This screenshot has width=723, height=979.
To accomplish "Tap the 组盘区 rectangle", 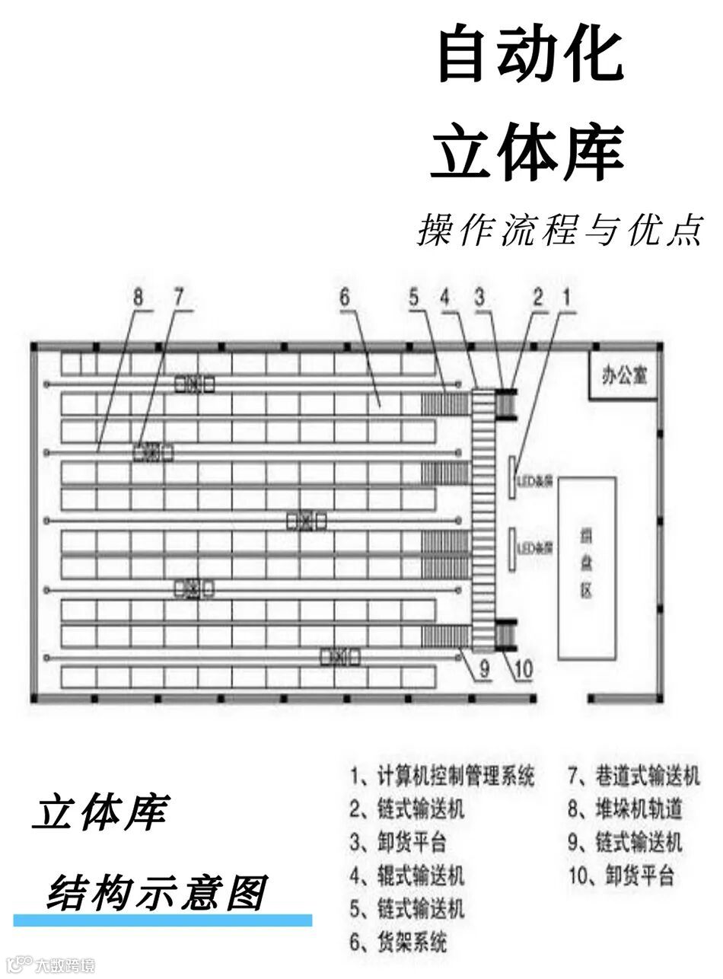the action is pyautogui.click(x=587, y=567).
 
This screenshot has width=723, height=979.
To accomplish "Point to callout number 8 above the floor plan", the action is pyautogui.click(x=137, y=298).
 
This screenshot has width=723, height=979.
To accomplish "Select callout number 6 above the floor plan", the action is pyautogui.click(x=344, y=298).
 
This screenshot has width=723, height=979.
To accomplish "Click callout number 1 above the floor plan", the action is pyautogui.click(x=565, y=298).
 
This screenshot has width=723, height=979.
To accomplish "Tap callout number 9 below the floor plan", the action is pyautogui.click(x=484, y=670).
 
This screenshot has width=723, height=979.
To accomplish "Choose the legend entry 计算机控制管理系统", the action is pyautogui.click(x=442, y=776).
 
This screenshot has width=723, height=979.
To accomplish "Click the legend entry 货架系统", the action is pyautogui.click(x=399, y=942).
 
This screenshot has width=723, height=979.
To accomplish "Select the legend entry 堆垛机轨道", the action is pyautogui.click(x=624, y=808).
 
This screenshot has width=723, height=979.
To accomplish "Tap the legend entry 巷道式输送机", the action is pyautogui.click(x=634, y=776).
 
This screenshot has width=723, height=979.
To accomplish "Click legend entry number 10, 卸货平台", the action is pyautogui.click(x=621, y=875).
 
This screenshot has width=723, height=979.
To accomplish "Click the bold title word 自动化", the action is pyautogui.click(x=530, y=56).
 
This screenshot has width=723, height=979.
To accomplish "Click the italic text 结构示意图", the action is pyautogui.click(x=156, y=893).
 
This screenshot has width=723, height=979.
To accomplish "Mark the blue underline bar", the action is pyautogui.click(x=163, y=920).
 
